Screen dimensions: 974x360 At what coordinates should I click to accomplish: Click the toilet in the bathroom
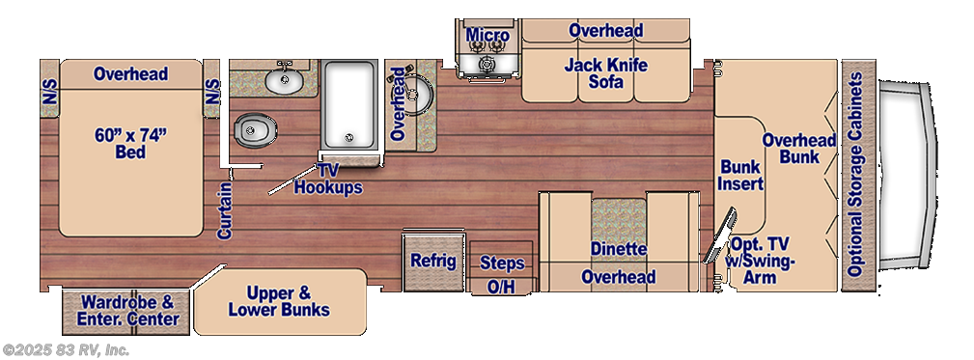coord(255,131)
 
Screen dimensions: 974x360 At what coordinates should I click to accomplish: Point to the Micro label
coord(487,36)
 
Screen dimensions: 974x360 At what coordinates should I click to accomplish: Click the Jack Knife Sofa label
coord(605,72)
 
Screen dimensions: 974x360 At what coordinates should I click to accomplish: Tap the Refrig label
coord(433,261)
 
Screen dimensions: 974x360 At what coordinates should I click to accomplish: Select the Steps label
coord(502,263)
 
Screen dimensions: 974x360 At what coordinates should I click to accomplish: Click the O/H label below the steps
coord(501,286)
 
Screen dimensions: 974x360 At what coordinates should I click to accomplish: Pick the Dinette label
coord(618,250)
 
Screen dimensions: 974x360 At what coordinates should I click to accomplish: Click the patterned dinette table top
coord(619,220)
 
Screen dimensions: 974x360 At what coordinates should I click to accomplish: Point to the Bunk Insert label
coord(741,175)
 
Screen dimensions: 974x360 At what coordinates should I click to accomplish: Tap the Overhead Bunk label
coord(799,149)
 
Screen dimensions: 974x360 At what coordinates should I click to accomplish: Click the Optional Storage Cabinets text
coord(855,175)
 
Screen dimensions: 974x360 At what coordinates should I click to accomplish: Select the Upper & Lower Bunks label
coord(279,301)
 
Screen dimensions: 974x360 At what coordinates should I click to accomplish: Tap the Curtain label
coord(224,210)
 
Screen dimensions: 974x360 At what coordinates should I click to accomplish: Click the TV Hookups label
coord(328,179)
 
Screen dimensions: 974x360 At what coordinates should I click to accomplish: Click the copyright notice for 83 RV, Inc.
coord(66,350)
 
